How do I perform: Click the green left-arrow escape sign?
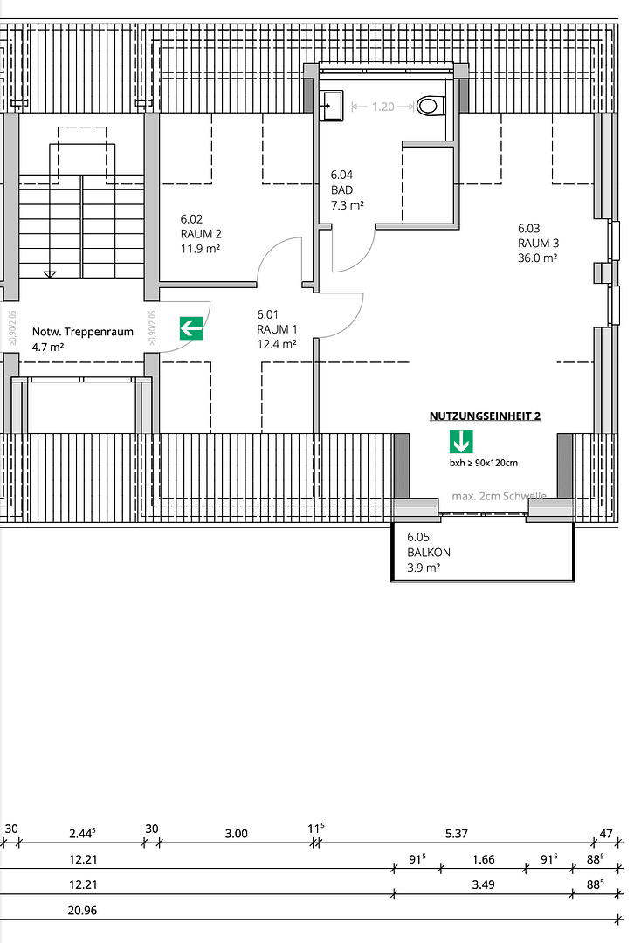(191, 328)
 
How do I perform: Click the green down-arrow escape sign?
(460, 442)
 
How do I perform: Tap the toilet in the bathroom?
(429, 107)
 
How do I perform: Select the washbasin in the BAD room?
(332, 105)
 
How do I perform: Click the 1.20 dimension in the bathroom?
(382, 107)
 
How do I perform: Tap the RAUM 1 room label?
(277, 329)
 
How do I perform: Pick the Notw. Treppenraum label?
(82, 339)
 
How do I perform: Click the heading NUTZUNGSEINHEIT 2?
(485, 416)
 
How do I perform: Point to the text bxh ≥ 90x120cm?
(483, 463)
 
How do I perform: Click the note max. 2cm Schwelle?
(499, 496)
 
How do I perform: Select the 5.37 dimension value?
(456, 834)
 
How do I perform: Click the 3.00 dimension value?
(236, 834)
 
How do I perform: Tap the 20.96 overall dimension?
(83, 910)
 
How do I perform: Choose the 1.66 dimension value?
(483, 859)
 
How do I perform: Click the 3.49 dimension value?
(483, 884)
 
